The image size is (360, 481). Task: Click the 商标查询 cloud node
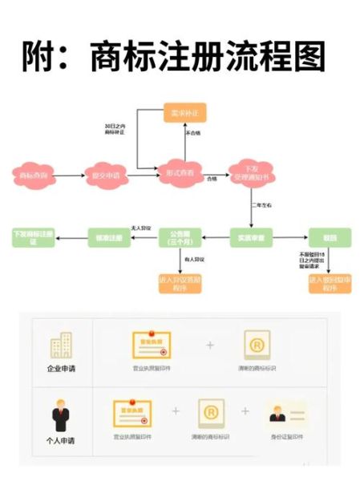coord(34,174)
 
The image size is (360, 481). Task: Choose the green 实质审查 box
coord(250,237)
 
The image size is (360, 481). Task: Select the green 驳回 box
coord(329,237)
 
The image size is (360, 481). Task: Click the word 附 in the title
coord(41,58)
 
